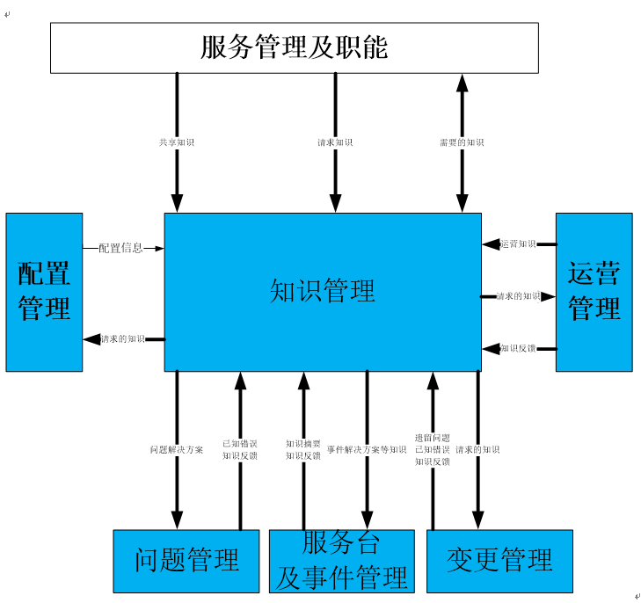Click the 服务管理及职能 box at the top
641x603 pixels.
pos(294,47)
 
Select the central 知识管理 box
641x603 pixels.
pos(323,291)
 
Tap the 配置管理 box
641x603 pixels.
pos(44,291)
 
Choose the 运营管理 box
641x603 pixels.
pos(594,291)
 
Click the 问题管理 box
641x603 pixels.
pos(186,560)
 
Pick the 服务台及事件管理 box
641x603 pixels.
pos(341,561)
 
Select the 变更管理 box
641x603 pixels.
pos(499,560)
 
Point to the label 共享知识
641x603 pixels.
pos(177,142)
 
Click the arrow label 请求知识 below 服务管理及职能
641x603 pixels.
pos(335,142)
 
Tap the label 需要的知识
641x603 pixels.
pos(462,142)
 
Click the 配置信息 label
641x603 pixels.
pos(120,249)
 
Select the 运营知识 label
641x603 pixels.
pos(518,244)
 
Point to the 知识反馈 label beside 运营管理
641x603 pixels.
pos(518,349)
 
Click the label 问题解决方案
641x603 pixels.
pos(177,450)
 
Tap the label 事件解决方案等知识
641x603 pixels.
pos(367,450)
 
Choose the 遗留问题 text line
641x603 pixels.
pos(432,438)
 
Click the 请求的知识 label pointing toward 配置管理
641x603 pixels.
pos(123,339)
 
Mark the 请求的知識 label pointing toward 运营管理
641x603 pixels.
pos(518,296)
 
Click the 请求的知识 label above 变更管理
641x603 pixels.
pos(477,450)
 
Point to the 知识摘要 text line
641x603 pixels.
pos(303,444)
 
